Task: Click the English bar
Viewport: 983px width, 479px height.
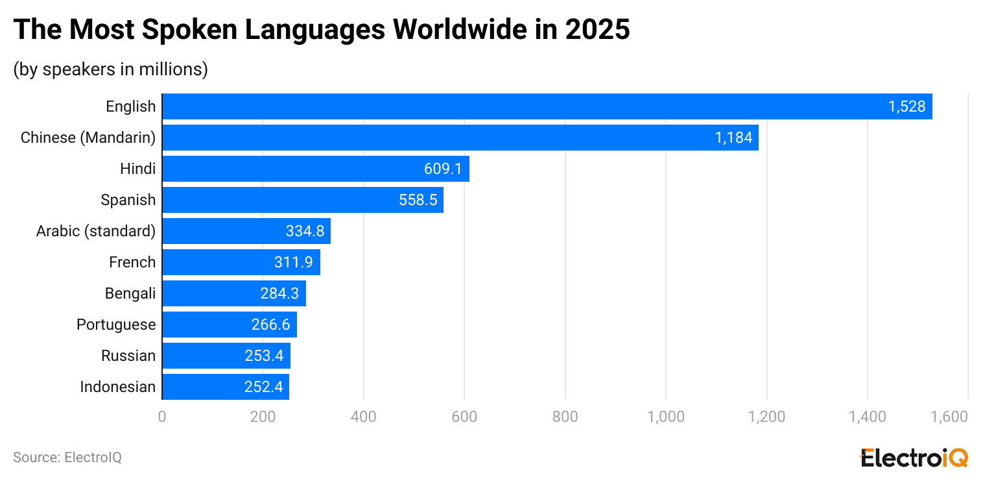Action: coord(547,106)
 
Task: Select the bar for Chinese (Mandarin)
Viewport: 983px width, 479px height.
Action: coord(460,138)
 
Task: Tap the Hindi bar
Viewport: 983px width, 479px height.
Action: coord(315,169)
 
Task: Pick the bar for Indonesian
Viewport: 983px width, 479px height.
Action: coord(225,387)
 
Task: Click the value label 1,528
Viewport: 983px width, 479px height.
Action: coord(906,106)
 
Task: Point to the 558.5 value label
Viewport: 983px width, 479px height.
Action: coord(418,200)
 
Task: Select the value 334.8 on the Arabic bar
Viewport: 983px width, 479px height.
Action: coord(305,231)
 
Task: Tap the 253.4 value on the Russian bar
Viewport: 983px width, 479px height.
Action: coord(265,356)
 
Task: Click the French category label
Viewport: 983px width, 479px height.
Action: coord(132,262)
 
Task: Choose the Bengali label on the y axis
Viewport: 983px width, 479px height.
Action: coord(130,293)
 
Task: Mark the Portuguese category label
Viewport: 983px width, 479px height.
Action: coord(116,325)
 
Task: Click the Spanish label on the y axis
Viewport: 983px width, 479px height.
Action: coord(128,200)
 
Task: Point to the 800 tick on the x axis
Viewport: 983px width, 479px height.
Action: coord(565,417)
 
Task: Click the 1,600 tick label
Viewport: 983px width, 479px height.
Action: coord(949,417)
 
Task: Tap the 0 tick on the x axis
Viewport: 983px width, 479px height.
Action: coord(162,417)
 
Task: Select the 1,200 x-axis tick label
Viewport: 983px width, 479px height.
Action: coord(766,417)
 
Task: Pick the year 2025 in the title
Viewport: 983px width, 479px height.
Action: coord(597,30)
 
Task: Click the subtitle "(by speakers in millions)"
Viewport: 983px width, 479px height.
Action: coord(110,69)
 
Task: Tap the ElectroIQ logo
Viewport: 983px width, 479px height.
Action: coord(914,458)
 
